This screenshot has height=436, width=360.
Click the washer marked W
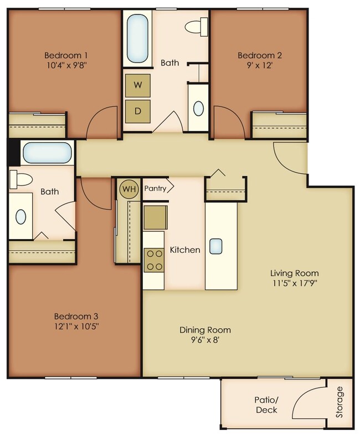[138, 85]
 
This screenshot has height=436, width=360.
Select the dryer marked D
[138, 111]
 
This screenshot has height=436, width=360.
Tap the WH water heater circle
[129, 189]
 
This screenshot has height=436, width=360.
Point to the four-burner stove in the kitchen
[155, 259]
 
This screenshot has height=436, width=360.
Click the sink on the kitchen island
[217, 245]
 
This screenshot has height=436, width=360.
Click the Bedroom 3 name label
[76, 316]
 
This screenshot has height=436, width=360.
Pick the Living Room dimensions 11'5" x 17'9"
[294, 284]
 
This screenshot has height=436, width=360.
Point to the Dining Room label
[205, 330]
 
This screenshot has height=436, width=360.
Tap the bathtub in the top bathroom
[137, 39]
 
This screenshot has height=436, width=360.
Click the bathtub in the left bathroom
[48, 152]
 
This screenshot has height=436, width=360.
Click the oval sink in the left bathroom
[20, 217]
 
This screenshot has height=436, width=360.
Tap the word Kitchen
[185, 250]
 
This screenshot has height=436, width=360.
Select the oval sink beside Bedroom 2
[198, 108]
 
